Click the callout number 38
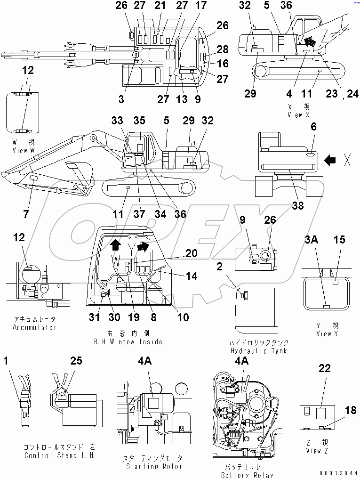click(x=297, y=205)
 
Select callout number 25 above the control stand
click(x=76, y=361)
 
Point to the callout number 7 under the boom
click(x=26, y=214)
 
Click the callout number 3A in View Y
click(x=312, y=240)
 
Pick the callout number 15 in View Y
click(x=339, y=240)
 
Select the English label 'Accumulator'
click(x=34, y=327)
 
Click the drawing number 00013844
click(x=339, y=472)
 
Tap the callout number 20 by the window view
click(x=191, y=253)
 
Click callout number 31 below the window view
click(x=95, y=317)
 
